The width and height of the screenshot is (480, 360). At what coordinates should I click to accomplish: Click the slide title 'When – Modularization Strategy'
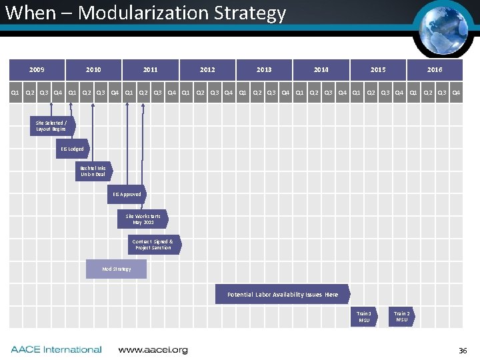145,13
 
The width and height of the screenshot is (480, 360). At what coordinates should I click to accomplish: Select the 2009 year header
37,69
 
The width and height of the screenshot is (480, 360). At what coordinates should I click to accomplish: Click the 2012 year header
207,69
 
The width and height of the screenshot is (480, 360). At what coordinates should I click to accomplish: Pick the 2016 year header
435,69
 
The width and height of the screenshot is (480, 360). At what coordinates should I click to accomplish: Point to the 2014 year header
321,69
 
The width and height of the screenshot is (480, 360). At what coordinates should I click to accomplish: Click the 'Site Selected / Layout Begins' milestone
51,126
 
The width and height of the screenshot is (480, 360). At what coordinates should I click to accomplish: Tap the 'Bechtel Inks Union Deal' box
93,171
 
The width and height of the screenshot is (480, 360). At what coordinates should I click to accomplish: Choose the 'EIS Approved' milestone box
127,195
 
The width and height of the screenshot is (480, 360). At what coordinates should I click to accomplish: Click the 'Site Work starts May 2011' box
143,219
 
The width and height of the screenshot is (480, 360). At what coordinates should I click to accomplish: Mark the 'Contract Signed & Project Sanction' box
153,245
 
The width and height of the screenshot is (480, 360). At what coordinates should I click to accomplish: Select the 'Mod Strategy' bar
116,269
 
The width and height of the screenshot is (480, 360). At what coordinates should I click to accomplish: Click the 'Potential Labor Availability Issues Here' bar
282,294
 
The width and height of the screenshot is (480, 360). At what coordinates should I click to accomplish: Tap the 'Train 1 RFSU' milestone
364,316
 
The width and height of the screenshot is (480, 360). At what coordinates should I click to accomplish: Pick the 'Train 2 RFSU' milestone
402,316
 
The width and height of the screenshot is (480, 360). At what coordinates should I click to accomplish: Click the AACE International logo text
56,349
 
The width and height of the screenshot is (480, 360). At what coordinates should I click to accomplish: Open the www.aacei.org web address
153,349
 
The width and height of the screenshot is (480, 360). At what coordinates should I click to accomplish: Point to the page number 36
463,350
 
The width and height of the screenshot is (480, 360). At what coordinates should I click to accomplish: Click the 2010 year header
93,69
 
